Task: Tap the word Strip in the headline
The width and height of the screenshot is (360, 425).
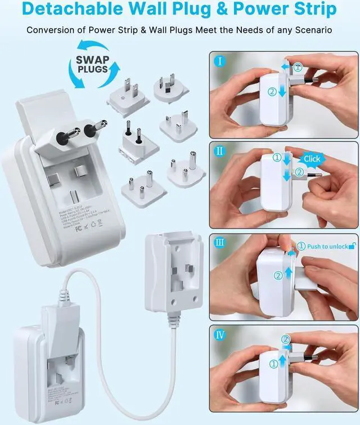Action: pyautogui.click(x=312, y=10)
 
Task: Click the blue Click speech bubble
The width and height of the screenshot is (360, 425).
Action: pyautogui.click(x=311, y=159)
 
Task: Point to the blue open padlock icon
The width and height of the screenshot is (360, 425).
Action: pyautogui.click(x=352, y=245)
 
